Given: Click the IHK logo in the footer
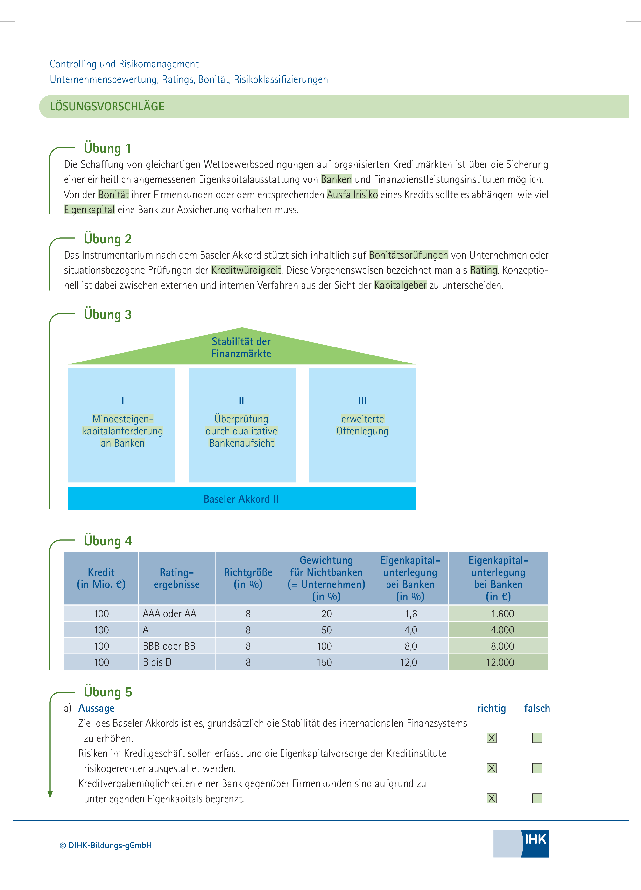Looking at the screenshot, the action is click(521, 843).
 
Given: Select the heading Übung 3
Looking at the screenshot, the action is click(108, 314).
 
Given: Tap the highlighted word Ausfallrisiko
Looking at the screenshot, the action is click(352, 195).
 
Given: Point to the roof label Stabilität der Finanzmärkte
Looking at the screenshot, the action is click(241, 348).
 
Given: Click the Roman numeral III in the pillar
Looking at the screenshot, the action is click(363, 401).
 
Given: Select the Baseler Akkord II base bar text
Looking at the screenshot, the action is click(241, 499).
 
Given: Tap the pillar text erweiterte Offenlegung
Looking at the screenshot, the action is click(363, 425).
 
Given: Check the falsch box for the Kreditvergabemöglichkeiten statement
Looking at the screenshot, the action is click(537, 798).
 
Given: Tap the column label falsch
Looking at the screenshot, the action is click(537, 708).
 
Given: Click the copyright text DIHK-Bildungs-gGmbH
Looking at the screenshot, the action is click(106, 845).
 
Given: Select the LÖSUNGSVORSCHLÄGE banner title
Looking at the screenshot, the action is click(107, 107).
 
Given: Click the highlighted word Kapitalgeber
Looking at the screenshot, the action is click(400, 285).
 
